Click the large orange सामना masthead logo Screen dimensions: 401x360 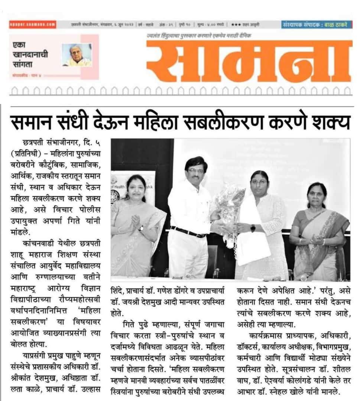coord(249,61)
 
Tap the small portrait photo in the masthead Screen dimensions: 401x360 coord(77,55)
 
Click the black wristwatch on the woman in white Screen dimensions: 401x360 coord(253,228)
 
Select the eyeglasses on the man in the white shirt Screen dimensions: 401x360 coord(196,170)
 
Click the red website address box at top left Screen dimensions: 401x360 coord(33,25)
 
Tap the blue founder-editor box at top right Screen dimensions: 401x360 coord(316,25)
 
